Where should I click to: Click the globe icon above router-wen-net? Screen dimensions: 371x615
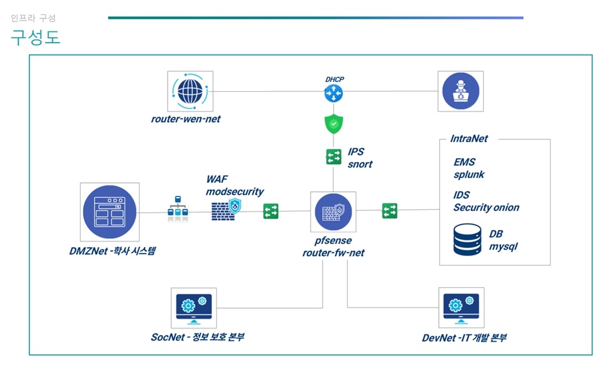[x=190, y=92]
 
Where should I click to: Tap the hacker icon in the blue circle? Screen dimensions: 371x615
[x=460, y=92]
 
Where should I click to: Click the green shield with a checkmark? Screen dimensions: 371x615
[x=333, y=124]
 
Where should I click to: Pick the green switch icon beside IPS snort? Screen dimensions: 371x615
[x=333, y=157]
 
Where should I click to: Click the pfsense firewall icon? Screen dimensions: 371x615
[x=333, y=212]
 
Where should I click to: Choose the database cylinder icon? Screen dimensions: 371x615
[x=467, y=239]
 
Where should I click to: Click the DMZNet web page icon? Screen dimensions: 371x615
[x=109, y=212]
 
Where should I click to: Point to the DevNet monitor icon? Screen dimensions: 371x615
[x=460, y=307]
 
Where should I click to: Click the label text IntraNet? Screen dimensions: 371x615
[x=469, y=139]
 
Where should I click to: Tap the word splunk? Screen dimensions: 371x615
[x=469, y=174]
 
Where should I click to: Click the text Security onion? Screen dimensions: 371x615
[x=486, y=208]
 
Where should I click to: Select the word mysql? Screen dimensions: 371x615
[x=503, y=246]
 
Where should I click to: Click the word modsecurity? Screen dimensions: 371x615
[x=235, y=192]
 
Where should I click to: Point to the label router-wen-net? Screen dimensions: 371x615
[x=185, y=119]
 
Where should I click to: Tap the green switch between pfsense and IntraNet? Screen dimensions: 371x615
[x=389, y=210]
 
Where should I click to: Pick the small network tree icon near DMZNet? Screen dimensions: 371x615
[x=179, y=209]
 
